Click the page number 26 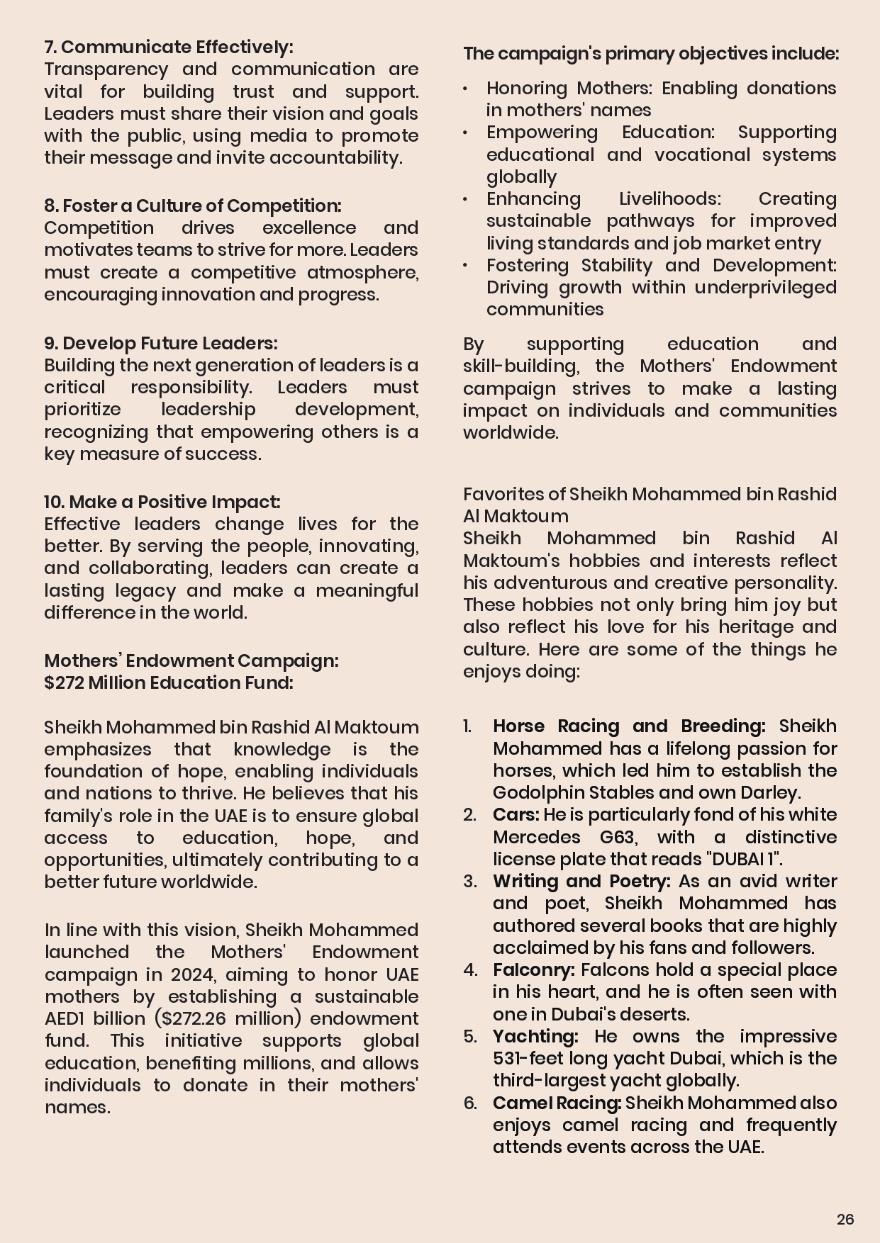click(845, 1219)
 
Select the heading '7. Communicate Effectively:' click(168, 47)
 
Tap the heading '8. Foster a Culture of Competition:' click(192, 206)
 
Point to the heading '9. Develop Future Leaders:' click(160, 343)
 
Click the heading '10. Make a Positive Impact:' click(162, 502)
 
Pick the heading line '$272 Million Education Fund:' click(168, 682)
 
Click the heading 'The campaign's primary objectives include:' click(650, 54)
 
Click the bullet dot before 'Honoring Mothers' click(465, 89)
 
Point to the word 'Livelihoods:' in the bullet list click(669, 199)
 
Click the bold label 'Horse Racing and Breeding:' click(629, 726)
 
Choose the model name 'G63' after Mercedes click(616, 837)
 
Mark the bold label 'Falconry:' click(533, 969)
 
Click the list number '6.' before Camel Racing click(471, 1103)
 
